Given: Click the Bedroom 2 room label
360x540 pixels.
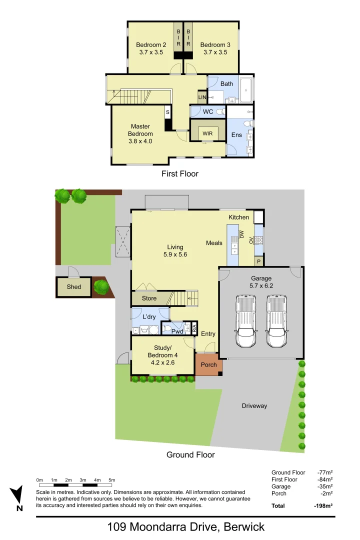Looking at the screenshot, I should (151, 48).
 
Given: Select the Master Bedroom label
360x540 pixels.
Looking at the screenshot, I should (140, 134).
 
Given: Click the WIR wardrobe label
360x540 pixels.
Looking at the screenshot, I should (207, 133).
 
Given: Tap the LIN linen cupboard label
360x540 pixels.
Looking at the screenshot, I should (202, 97).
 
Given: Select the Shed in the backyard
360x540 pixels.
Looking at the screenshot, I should (74, 287).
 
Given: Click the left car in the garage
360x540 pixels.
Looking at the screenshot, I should (245, 320).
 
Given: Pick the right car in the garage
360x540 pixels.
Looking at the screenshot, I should (276, 320).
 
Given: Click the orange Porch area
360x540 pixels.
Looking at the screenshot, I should (208, 364).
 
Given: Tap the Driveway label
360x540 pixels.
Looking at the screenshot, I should (254, 406).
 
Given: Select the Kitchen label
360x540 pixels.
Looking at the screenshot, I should (238, 217).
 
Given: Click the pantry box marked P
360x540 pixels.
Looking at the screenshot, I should (258, 261).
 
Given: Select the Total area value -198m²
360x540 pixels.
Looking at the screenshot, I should (323, 506).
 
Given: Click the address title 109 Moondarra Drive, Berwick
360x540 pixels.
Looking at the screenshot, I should (186, 526).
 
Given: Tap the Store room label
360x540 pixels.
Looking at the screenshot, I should (149, 298).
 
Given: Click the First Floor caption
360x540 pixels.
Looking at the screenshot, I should (179, 174).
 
